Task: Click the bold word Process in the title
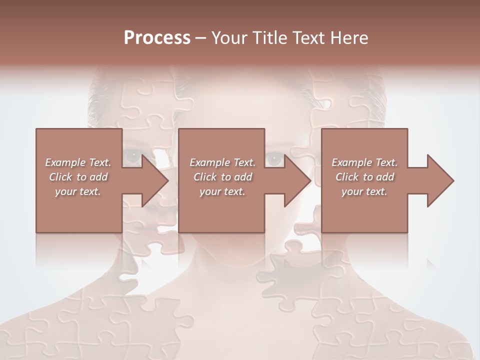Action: pos(157,38)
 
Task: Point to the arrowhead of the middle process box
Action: pos(297,180)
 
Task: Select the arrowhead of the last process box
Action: pos(440,180)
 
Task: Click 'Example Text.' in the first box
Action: pos(78,162)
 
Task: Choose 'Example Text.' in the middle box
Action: pos(222,162)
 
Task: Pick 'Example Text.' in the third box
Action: pos(364,162)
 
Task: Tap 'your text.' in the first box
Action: pos(78,191)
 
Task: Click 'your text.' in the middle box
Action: pos(222,191)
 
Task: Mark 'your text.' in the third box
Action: pos(364,191)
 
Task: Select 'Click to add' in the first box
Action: pos(78,177)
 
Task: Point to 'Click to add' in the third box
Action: pos(364,177)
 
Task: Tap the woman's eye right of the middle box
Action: pos(273,159)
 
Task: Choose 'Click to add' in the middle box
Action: pos(222,177)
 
